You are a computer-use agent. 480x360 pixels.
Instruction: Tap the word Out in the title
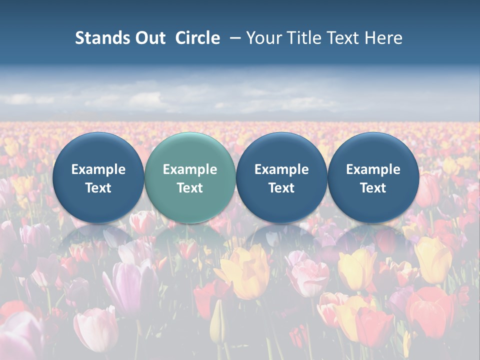(x=149, y=38)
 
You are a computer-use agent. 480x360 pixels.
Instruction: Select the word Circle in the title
(x=197, y=38)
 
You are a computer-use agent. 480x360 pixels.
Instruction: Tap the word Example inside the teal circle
(x=190, y=169)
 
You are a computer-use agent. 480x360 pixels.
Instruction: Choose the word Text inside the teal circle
(x=190, y=188)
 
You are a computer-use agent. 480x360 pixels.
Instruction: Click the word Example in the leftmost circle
(x=98, y=169)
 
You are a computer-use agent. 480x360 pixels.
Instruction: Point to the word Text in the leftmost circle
(x=98, y=188)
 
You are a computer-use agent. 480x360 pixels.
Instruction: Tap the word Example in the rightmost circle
(x=373, y=169)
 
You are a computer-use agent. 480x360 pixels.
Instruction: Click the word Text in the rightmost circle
(x=373, y=188)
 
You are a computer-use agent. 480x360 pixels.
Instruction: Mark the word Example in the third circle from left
(x=281, y=169)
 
